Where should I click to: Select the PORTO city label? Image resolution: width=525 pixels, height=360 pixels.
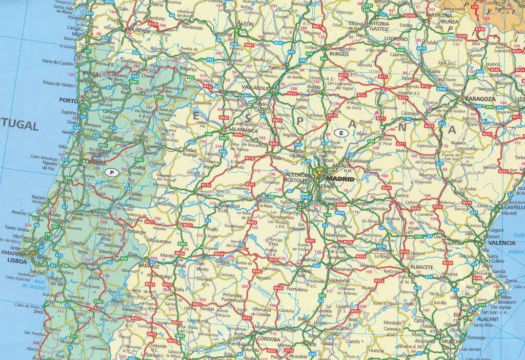68,101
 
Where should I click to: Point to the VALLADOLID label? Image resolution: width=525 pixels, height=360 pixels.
255,88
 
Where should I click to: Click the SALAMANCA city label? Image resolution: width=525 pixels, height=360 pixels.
243,130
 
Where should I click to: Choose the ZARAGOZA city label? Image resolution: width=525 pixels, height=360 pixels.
480,98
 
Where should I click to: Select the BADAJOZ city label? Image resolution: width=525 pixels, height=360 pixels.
149,267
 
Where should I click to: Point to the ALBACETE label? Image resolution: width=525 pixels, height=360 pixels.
422,267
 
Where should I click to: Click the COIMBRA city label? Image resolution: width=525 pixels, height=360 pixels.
94,164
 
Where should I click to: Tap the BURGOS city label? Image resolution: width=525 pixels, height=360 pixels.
339,53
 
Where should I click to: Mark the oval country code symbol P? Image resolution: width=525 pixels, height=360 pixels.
111,172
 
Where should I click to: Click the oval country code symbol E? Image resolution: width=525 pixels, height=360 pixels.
341,133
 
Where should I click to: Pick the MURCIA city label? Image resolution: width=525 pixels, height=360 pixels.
452,341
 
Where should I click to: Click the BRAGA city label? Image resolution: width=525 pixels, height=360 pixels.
90,73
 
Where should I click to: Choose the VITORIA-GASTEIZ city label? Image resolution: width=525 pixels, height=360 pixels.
380,26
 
